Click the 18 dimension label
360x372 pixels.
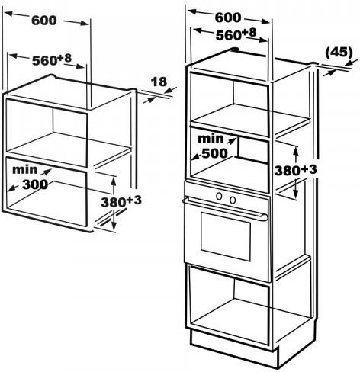[x=159, y=82]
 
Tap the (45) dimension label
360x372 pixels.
[x=339, y=53]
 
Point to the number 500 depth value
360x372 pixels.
[x=214, y=153]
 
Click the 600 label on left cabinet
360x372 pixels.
[x=44, y=21]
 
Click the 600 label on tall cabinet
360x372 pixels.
[x=227, y=18]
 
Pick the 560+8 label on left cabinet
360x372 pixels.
[x=52, y=60]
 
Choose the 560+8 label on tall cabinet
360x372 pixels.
[x=236, y=34]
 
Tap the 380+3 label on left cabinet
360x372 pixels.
[x=121, y=202]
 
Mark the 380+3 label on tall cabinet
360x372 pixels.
[x=295, y=170]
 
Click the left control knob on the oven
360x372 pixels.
[x=219, y=196]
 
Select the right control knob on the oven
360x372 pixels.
[x=233, y=200]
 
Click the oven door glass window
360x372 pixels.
[x=226, y=236]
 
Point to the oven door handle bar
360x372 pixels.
[x=225, y=207]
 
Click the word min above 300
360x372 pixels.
[x=24, y=170]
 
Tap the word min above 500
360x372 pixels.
[x=211, y=139]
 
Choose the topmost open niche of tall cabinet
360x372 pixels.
[x=230, y=104]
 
